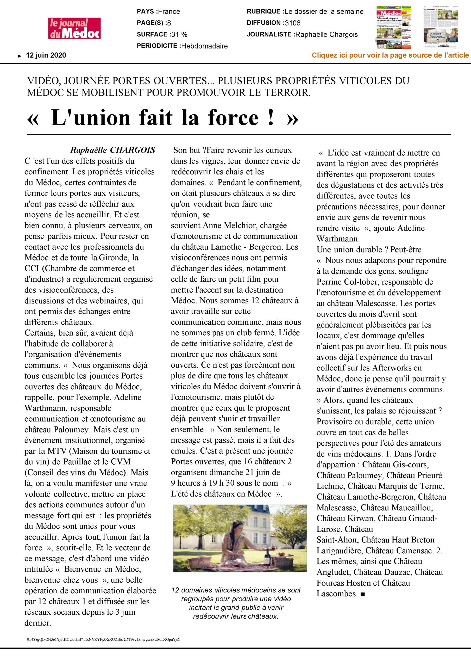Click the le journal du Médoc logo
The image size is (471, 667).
(x=74, y=28)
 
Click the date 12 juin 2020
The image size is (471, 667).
(x=46, y=55)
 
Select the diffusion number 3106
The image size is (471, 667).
(x=292, y=23)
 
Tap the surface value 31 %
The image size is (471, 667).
(x=179, y=35)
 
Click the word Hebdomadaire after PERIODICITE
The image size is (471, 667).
(x=204, y=46)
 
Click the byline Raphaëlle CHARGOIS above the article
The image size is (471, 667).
(x=113, y=150)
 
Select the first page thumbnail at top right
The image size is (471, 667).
(x=393, y=27)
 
